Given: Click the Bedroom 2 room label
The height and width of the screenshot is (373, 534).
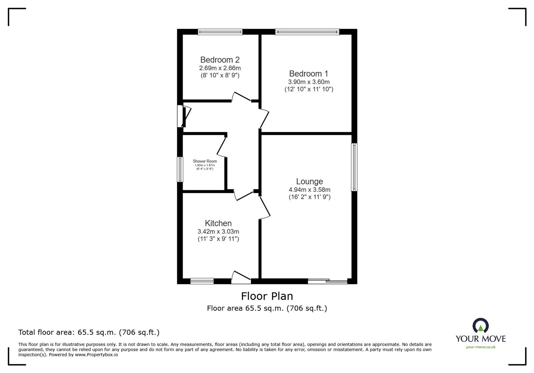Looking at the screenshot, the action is click(220, 60).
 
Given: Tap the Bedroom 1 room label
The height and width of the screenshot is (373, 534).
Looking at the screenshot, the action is click(309, 74).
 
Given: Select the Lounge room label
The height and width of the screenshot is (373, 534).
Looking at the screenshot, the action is click(309, 181).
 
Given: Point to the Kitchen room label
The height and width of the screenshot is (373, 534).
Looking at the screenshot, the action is click(218, 223).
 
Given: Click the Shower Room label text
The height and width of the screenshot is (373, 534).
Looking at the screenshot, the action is click(205, 161).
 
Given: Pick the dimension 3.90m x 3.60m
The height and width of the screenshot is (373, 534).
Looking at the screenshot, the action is click(309, 82).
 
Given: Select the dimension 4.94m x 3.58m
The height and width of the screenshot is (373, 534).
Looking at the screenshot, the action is click(309, 190).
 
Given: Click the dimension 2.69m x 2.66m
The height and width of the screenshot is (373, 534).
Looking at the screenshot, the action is click(220, 68).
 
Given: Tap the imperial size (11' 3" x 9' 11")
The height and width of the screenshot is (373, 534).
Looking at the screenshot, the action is click(218, 239).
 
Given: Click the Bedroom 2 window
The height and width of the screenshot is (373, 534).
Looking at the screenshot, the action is click(220, 32).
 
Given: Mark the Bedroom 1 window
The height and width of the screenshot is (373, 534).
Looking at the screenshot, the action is click(307, 32).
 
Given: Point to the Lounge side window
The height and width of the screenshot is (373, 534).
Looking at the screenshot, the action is click(354, 167).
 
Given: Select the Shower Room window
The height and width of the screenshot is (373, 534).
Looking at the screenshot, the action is click(180, 169).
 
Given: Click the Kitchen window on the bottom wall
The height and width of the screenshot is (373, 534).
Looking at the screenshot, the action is click(202, 281).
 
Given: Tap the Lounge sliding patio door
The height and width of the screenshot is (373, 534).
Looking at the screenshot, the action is click(327, 281).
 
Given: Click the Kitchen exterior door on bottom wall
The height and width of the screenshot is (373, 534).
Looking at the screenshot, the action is click(241, 278).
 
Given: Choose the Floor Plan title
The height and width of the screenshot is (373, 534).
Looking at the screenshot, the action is click(267, 296).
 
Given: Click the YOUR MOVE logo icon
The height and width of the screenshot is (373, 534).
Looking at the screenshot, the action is click(481, 325).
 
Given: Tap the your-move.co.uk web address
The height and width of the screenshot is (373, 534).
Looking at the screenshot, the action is click(481, 347).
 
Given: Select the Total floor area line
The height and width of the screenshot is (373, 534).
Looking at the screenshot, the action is click(89, 332).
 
